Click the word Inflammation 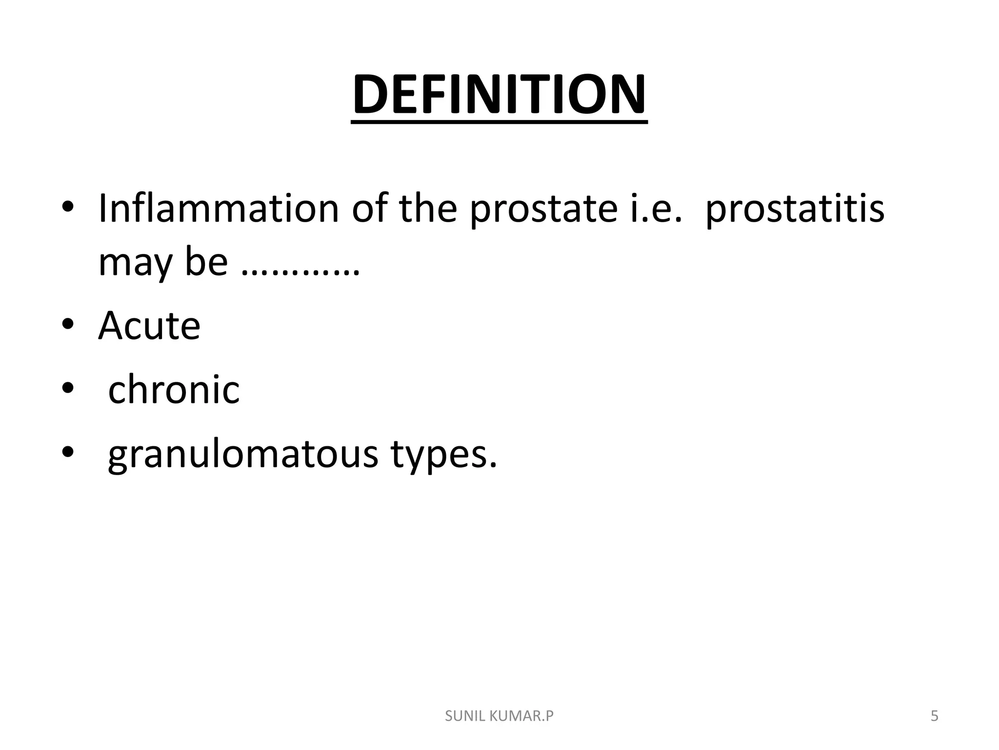[218, 208]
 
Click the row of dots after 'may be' [300, 272]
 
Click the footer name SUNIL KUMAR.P [499, 716]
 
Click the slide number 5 [934, 716]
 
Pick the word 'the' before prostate [427, 208]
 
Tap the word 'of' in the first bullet [369, 208]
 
